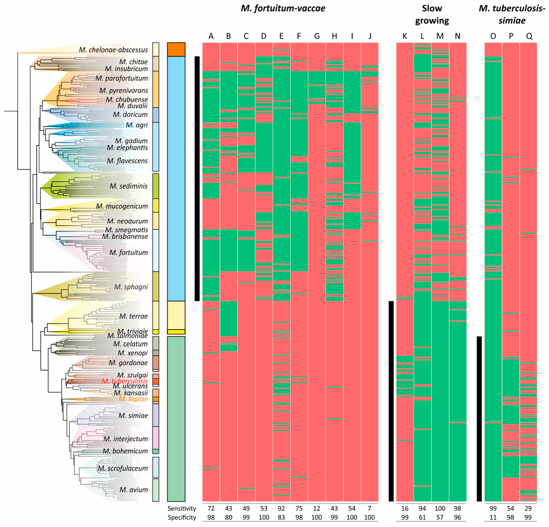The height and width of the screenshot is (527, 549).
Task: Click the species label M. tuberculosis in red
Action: coord(125,381)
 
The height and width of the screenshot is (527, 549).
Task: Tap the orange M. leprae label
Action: coord(133,399)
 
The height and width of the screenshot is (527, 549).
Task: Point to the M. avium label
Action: coord(134,490)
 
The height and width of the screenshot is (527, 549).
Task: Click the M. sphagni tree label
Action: coord(131,287)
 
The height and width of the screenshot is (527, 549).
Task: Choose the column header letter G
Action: coord(317,36)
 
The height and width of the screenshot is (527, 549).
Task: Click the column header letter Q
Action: coord(529,36)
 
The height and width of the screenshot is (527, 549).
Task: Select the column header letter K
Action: coord(405,36)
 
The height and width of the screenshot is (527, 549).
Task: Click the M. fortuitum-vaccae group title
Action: coord(283,8)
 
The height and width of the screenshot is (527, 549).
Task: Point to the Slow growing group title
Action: coord(432,15)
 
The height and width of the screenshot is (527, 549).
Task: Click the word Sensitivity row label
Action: coord(182,509)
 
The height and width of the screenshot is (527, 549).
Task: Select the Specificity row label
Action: coord(182,517)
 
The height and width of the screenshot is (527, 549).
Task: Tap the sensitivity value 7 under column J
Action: coord(370,509)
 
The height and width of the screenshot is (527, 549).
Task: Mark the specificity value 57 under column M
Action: coord(440,517)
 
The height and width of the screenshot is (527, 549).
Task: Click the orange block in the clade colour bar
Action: coord(176,49)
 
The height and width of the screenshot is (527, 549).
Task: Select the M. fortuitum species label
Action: coord(129,252)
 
